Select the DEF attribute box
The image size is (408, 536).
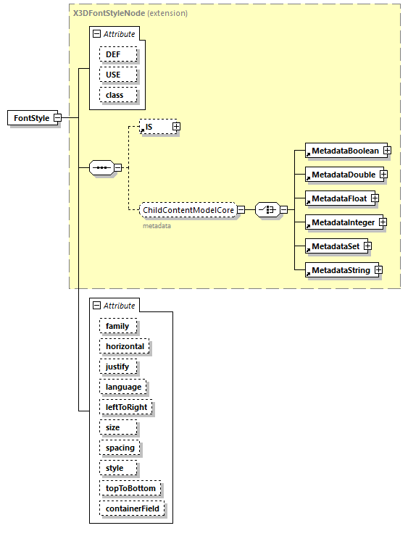114,54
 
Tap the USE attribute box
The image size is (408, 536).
114,75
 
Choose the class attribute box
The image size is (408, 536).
115,95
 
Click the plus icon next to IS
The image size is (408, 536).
176,127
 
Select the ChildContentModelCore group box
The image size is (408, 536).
188,210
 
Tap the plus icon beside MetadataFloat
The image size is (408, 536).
375,198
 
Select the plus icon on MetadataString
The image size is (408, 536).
378,270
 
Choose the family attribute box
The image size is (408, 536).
117,326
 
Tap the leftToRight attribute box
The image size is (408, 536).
125,407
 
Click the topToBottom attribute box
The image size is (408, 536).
130,488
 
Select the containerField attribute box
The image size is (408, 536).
133,508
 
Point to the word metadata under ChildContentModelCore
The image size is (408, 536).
156,226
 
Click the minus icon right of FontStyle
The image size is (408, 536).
57,118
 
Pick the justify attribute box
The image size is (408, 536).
117,367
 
